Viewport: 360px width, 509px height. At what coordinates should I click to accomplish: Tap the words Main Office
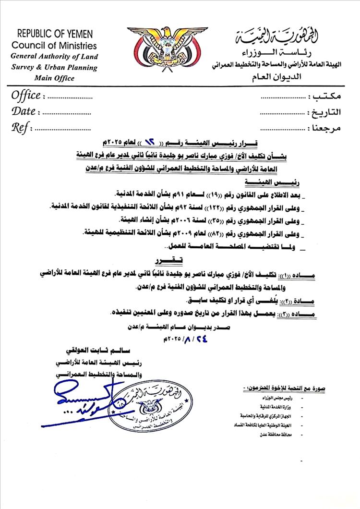point(54,78)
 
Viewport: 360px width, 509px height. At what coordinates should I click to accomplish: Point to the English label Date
point(23,111)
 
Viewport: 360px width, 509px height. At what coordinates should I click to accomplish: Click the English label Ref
point(21,128)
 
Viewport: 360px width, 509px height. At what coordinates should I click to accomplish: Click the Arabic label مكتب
point(326,96)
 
